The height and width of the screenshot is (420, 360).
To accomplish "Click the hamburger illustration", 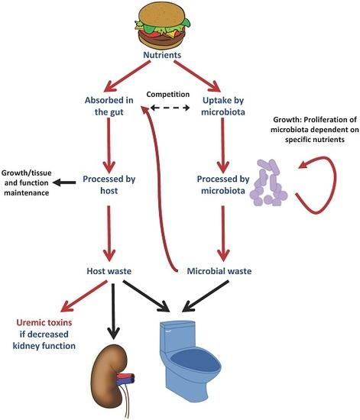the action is click(x=163, y=25).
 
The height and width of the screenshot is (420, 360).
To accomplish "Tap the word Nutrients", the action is click(x=162, y=55).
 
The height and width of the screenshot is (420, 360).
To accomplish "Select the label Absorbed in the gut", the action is click(x=109, y=106).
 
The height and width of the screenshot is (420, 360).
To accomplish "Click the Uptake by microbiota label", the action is click(x=223, y=106).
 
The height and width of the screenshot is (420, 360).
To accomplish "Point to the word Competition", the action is click(x=168, y=94).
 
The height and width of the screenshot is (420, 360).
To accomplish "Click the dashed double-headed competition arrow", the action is click(x=170, y=108).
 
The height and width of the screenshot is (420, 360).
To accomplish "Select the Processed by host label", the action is click(x=109, y=185).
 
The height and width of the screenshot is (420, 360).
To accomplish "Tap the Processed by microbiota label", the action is click(x=223, y=185).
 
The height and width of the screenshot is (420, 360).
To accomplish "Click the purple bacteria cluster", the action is click(x=268, y=183).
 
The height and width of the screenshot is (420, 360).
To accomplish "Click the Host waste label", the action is click(x=109, y=271).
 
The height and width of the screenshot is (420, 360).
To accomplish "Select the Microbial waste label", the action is click(x=219, y=271).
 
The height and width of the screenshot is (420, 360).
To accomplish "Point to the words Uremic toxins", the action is click(x=44, y=322).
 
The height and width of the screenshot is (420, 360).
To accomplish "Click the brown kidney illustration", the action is click(x=109, y=378).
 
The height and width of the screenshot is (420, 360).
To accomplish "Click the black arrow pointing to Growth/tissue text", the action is click(x=64, y=183).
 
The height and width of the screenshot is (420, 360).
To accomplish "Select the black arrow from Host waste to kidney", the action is click(x=113, y=312).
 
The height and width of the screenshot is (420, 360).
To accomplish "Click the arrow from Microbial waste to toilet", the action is click(x=206, y=296).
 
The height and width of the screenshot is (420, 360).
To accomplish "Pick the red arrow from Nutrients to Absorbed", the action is click(x=127, y=76).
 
